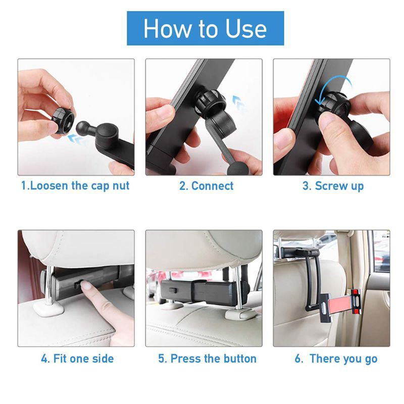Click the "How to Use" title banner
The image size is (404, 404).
[x=205, y=28]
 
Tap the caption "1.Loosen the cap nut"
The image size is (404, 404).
[x=75, y=186]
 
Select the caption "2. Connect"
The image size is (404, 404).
[x=207, y=186]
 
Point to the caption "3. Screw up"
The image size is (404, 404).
[x=333, y=186]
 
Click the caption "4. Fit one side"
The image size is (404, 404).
[x=77, y=359]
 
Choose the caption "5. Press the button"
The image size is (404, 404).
[x=207, y=359]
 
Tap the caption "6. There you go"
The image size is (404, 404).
[x=336, y=359]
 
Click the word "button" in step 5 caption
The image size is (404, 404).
[x=238, y=359]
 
